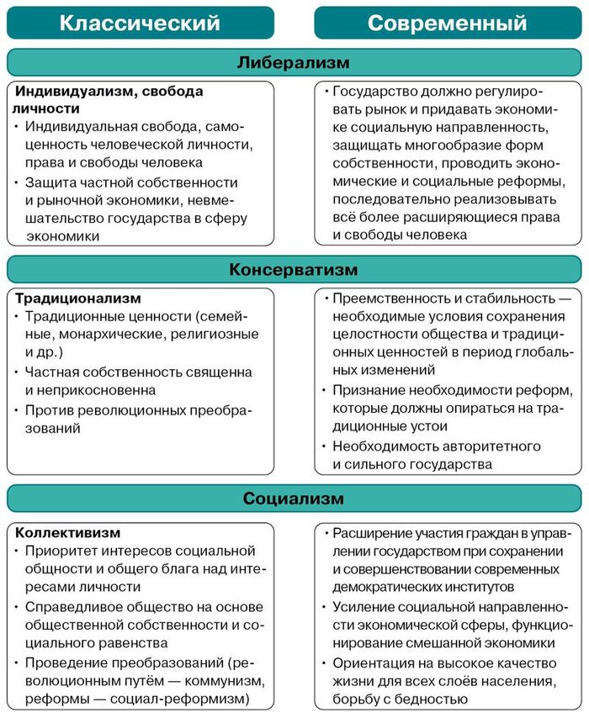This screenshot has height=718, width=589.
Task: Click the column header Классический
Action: point(140,22)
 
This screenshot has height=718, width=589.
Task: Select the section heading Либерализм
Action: point(294,62)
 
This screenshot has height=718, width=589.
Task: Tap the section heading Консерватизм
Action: point(294,270)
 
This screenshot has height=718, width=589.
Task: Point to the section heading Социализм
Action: point(294,498)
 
